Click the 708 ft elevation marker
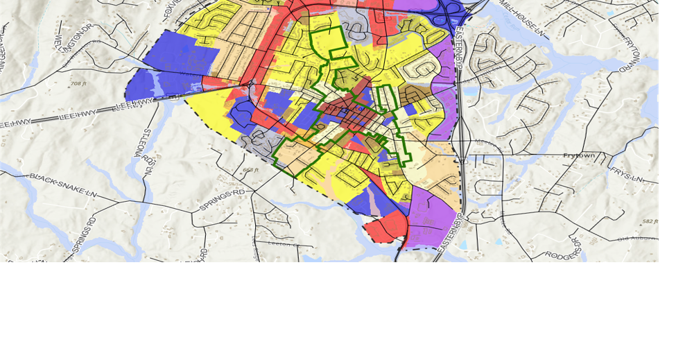click(x=78, y=84)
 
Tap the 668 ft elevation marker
click(x=250, y=170)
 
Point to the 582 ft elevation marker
click(x=649, y=221)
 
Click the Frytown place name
click(x=579, y=155)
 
